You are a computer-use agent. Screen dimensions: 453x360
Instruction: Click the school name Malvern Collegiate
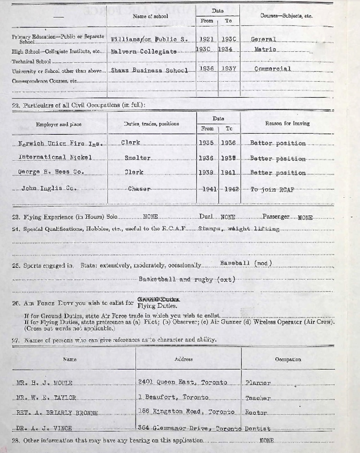point(144,51)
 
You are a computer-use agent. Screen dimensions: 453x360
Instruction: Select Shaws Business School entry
point(149,70)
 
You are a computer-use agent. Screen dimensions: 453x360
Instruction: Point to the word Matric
point(265,49)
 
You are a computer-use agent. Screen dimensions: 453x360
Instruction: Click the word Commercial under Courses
point(273,69)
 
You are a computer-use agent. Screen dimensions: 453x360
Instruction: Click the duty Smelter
point(137,158)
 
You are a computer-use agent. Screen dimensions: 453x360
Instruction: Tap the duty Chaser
point(139,189)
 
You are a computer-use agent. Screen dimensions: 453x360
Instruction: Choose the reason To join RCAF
point(272,189)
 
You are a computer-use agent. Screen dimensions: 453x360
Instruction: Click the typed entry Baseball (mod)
point(246,263)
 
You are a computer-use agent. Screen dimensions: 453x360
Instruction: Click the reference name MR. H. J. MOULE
point(44,383)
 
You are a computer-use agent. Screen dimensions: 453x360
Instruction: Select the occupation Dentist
point(258,428)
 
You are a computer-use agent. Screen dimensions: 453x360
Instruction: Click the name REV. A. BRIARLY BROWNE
point(57,413)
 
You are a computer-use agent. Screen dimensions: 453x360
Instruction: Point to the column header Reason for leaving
point(287,123)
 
